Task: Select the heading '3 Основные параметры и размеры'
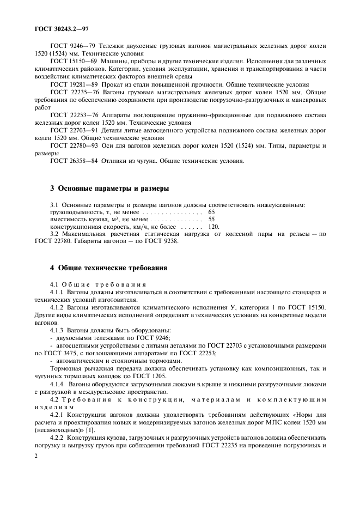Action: point(109,189)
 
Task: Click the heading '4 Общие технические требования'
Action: point(108,268)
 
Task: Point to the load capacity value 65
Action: point(212,211)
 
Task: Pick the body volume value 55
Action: point(212,218)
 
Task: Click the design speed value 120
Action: point(213,226)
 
